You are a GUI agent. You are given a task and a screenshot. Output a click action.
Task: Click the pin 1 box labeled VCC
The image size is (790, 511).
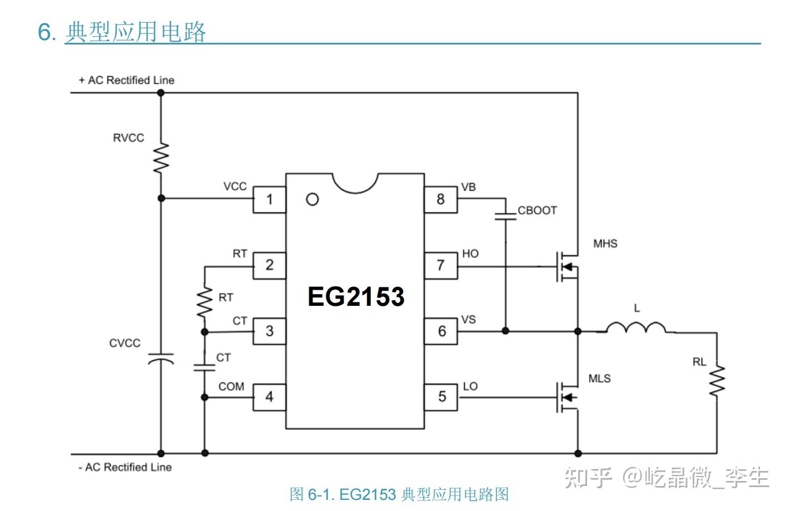click(x=270, y=200)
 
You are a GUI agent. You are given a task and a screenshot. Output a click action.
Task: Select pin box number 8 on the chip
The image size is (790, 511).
click(x=441, y=200)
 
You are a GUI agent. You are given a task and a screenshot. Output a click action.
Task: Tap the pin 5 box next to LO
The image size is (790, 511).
click(x=441, y=397)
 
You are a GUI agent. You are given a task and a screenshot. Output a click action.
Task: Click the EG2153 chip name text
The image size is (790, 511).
click(x=356, y=297)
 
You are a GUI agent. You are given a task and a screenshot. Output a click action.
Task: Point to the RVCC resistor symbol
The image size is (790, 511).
click(x=161, y=158)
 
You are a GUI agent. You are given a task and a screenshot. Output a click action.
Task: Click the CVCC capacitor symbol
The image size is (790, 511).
click(x=161, y=359)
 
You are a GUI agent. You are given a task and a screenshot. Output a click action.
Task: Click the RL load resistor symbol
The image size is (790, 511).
click(x=717, y=381)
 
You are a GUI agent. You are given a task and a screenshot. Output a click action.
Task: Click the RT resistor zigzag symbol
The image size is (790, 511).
click(x=205, y=302)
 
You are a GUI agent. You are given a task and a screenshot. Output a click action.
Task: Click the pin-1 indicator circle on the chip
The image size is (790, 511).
click(x=312, y=200)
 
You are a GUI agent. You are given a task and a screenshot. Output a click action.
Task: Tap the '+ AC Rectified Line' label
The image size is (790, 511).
click(x=127, y=80)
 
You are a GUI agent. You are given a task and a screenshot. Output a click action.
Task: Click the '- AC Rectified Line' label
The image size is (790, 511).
click(x=125, y=468)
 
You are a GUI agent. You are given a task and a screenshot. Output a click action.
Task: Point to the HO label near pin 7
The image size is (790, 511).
click(x=470, y=254)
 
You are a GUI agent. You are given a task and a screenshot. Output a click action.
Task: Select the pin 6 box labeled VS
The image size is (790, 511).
click(x=441, y=331)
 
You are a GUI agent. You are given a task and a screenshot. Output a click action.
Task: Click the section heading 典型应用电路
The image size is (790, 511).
click(x=136, y=32)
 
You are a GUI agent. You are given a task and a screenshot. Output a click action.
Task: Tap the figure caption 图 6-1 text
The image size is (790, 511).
click(x=399, y=494)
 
